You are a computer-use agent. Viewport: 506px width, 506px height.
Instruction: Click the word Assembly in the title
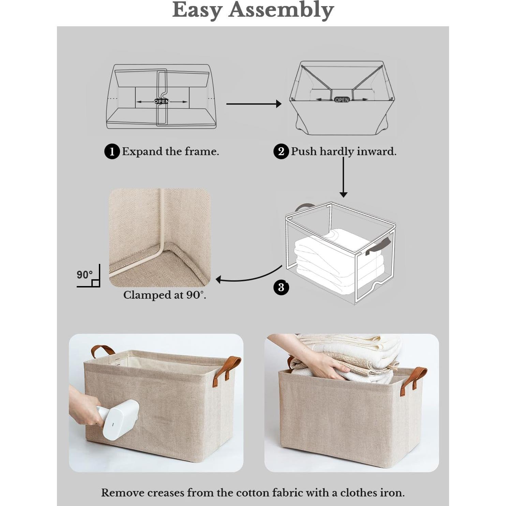[x=281, y=10]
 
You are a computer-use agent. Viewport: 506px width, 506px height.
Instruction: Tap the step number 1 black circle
[x=112, y=151]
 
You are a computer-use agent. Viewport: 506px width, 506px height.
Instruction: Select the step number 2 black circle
[x=281, y=151]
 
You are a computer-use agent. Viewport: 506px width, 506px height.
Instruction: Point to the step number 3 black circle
[x=281, y=287]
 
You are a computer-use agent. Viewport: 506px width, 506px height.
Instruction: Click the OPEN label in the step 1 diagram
[x=161, y=101]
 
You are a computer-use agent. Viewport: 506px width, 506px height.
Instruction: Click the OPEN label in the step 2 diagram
[x=342, y=100]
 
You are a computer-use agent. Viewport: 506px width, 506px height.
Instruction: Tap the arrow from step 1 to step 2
[x=254, y=104]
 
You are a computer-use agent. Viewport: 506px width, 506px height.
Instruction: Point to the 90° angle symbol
[x=89, y=276]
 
